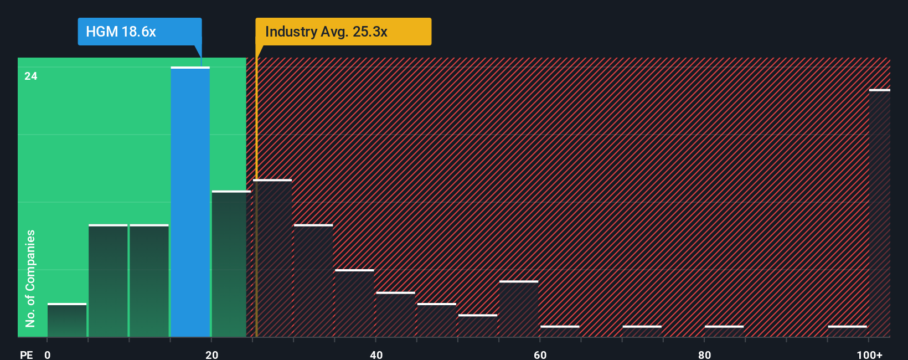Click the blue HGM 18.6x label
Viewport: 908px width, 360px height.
click(140, 32)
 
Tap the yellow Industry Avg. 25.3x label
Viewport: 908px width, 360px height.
click(343, 32)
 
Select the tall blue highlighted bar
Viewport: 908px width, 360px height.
click(190, 202)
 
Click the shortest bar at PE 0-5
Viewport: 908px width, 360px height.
click(67, 320)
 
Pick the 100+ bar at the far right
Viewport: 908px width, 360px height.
click(879, 213)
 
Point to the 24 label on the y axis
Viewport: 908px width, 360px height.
click(31, 76)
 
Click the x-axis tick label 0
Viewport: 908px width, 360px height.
click(48, 354)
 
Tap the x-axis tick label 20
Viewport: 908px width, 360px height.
click(211, 354)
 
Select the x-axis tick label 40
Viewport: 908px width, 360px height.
click(376, 354)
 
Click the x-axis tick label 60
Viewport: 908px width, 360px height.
click(540, 354)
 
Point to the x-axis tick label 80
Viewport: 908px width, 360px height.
click(704, 354)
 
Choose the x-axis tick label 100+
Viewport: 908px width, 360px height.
click(869, 354)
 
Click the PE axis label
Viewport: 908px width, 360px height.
click(26, 354)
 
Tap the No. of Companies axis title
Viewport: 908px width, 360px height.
click(30, 278)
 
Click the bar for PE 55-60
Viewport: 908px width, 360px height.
click(519, 309)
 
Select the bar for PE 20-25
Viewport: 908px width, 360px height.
click(231, 264)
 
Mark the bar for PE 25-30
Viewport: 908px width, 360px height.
click(272, 258)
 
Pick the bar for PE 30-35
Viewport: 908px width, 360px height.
click(313, 281)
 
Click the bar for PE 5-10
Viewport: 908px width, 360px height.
click(108, 281)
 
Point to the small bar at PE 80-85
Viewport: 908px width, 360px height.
click(724, 331)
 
